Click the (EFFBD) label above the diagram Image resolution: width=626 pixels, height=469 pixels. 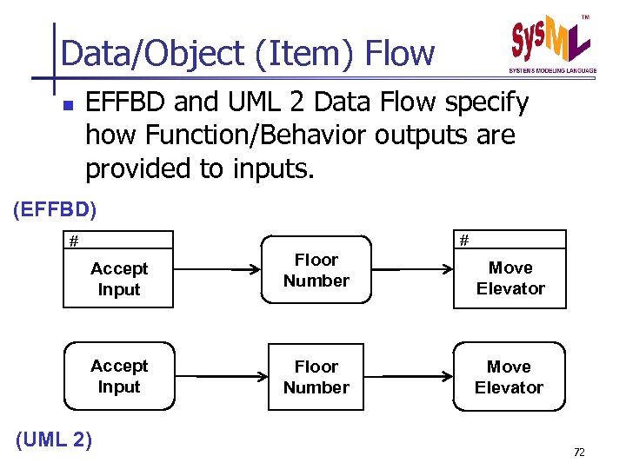56,209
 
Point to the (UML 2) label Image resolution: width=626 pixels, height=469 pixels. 54,439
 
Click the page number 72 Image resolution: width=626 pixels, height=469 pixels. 579,452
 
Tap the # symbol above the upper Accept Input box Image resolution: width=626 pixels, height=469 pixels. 75,241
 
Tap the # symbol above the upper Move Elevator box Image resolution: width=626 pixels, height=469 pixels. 464,240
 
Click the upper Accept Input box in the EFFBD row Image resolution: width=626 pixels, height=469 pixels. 119,279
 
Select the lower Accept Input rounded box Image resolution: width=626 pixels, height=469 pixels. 119,376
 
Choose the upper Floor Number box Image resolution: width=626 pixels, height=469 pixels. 316,270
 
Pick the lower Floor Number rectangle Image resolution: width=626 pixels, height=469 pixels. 316,377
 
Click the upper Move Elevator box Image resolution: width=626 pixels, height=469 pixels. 510,278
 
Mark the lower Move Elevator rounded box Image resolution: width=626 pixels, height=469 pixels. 509,377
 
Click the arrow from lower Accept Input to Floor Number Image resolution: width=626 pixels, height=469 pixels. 220,377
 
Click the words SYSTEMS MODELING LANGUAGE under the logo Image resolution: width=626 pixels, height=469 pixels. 552,70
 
